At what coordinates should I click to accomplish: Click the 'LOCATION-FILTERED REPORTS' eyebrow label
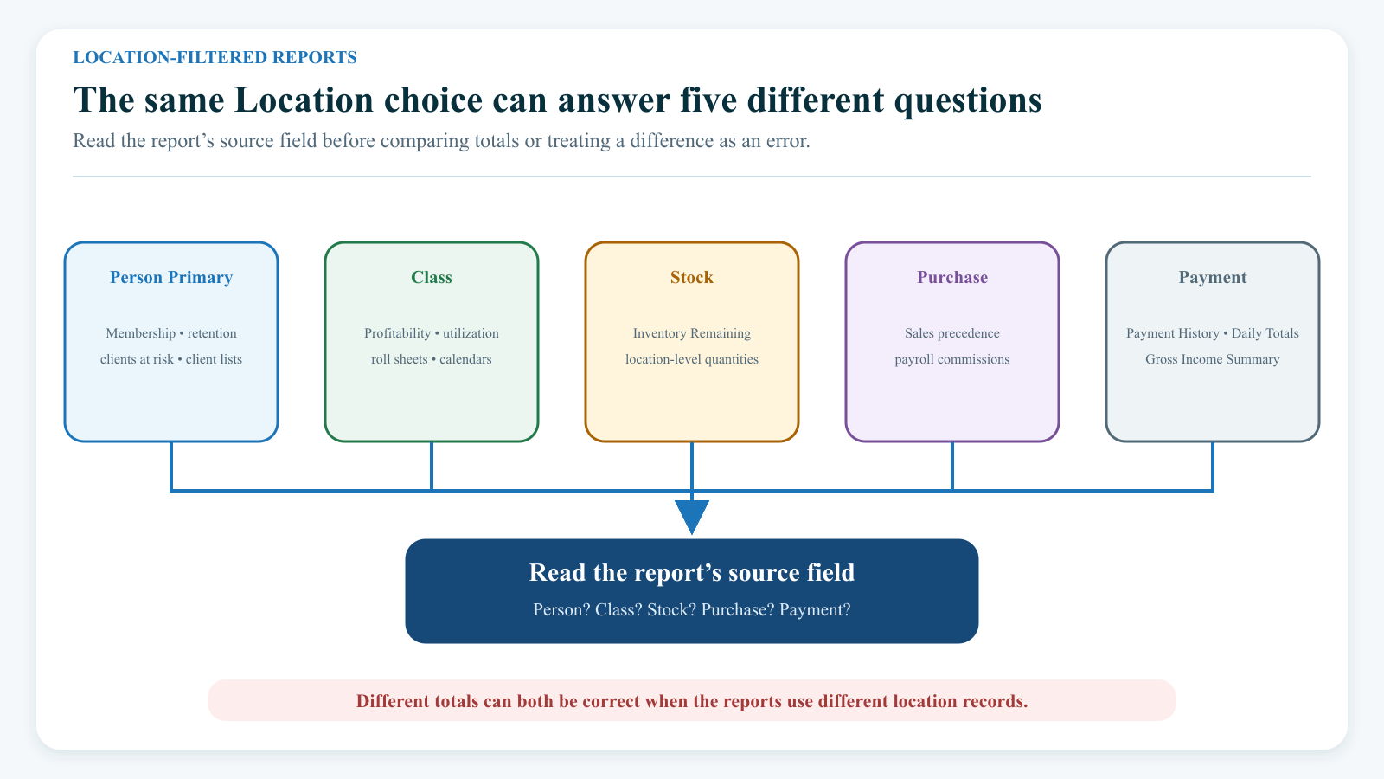tap(215, 57)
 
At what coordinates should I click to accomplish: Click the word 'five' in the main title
tap(708, 100)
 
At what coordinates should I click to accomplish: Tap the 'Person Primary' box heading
tap(171, 278)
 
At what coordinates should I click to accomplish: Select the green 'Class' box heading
tap(432, 278)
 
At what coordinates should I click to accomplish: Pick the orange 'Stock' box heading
tap(692, 278)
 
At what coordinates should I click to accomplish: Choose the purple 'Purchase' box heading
tap(952, 278)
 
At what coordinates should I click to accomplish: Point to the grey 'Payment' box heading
tap(1212, 278)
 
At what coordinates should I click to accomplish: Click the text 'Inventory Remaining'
tap(692, 333)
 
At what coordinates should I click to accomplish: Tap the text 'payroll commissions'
tap(952, 359)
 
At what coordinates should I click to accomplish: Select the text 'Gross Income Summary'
tap(1212, 359)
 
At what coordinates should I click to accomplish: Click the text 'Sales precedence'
tap(952, 333)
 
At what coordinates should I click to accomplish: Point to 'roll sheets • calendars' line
tap(432, 359)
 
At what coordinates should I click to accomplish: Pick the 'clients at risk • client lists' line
tap(171, 359)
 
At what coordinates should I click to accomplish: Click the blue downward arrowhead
tap(692, 516)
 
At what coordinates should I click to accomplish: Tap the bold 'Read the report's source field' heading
tap(692, 572)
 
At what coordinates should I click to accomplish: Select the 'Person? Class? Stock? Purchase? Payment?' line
tap(692, 609)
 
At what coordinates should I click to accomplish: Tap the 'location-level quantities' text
tap(692, 359)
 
